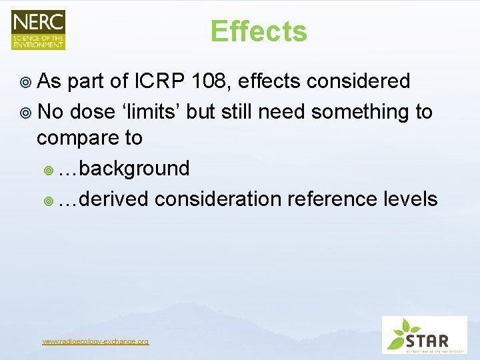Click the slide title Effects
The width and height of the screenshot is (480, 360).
[x=259, y=31]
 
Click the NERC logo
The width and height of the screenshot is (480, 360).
[x=38, y=30]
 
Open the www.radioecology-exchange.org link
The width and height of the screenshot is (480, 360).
[x=95, y=341]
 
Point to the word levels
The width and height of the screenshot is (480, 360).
[x=410, y=198]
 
